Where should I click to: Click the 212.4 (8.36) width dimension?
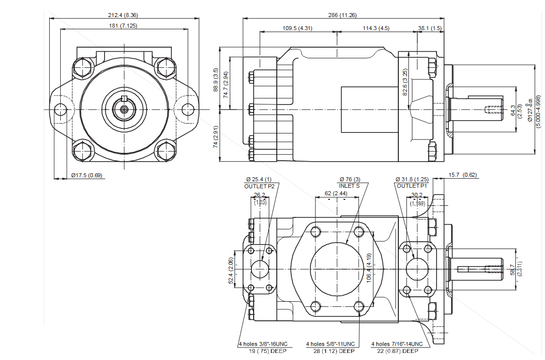(124, 15)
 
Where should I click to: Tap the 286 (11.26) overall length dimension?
(340, 15)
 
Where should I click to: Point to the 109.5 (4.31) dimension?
(297, 28)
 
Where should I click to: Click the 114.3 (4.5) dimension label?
(376, 28)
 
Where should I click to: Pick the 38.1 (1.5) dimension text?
(429, 28)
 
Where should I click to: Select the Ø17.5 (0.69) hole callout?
(86, 175)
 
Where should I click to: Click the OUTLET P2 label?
(259, 186)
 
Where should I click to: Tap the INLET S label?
(349, 186)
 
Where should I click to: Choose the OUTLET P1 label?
(411, 186)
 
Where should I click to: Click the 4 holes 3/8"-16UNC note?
(262, 344)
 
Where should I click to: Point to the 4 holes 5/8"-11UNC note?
(331, 344)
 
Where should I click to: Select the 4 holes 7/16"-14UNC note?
(397, 344)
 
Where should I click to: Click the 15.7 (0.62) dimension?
(462, 175)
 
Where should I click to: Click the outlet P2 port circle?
(260, 270)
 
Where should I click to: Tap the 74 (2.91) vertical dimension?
(215, 137)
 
